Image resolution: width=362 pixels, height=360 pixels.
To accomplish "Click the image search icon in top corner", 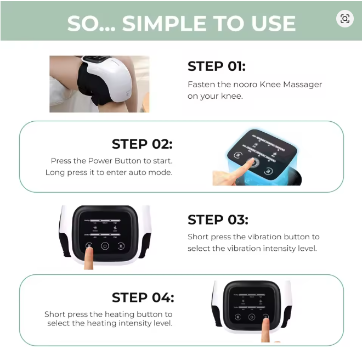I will tap(344, 19).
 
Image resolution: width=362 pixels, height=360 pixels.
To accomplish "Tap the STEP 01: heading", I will tap(217, 66).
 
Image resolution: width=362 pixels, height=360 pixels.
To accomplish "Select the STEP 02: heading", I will tap(142, 144).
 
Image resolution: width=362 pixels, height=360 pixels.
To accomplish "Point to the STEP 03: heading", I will tap(218, 220).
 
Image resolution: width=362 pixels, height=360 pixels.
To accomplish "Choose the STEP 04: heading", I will tap(143, 297).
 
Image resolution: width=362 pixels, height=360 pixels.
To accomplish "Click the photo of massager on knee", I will tap(99, 84).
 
